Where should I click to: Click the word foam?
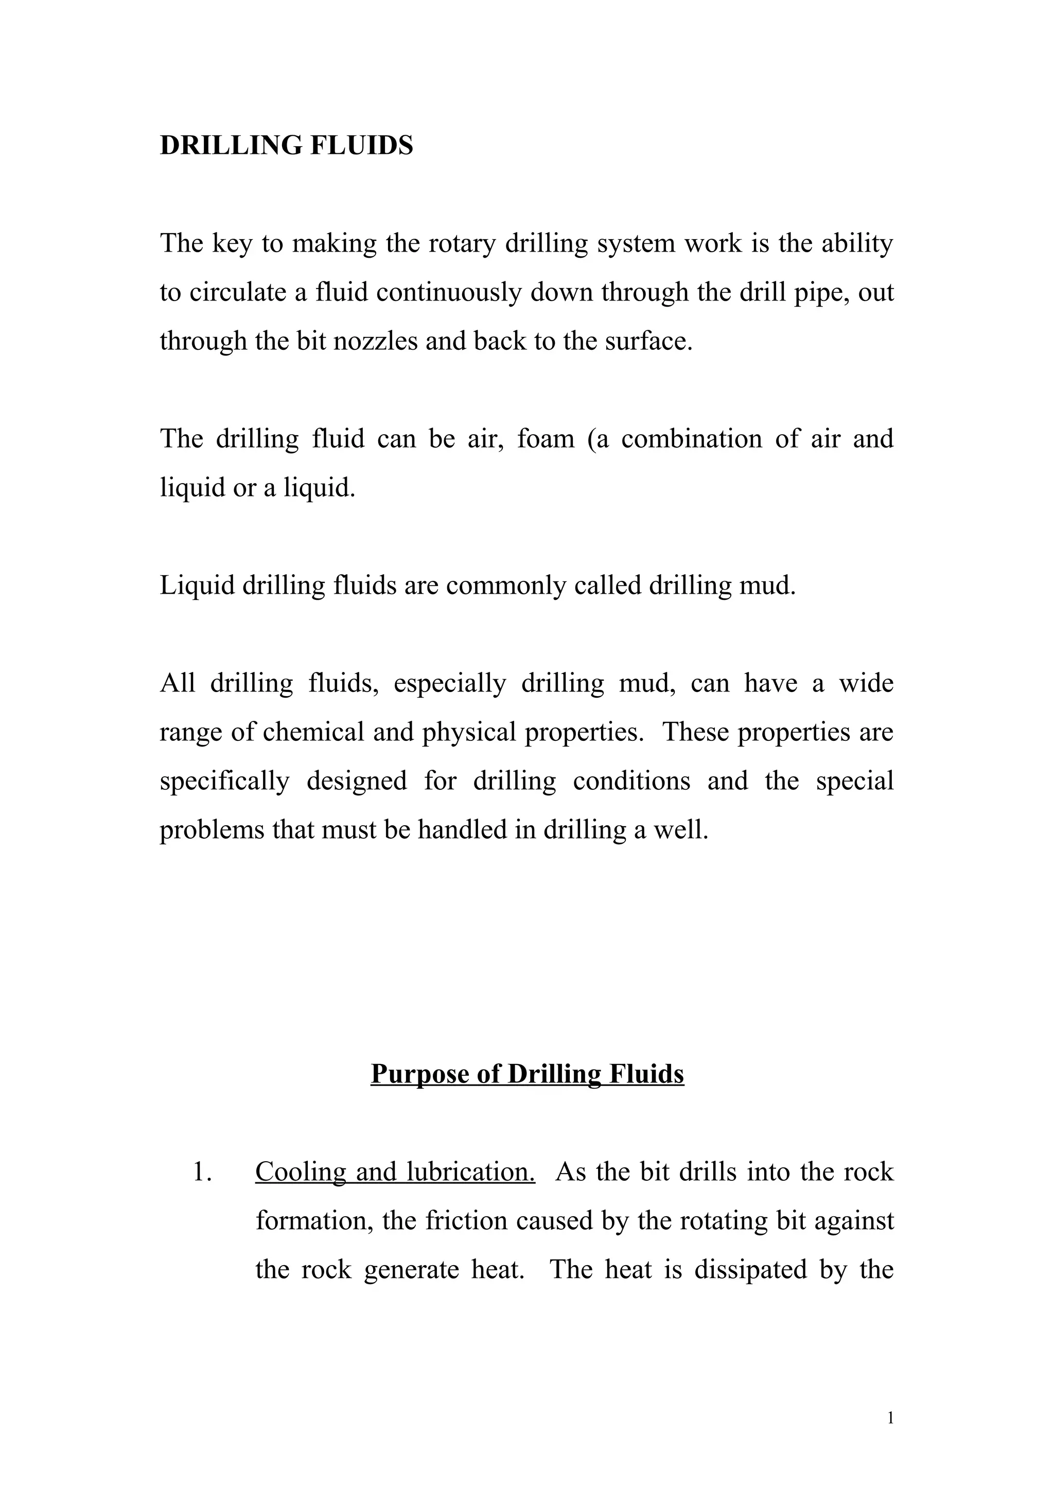[546, 439]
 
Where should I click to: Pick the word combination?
[691, 439]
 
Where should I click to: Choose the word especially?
[449, 683]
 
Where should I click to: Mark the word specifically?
[225, 780]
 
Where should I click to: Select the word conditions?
[631, 780]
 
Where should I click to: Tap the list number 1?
[203, 1172]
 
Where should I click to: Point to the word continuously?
[449, 292]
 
